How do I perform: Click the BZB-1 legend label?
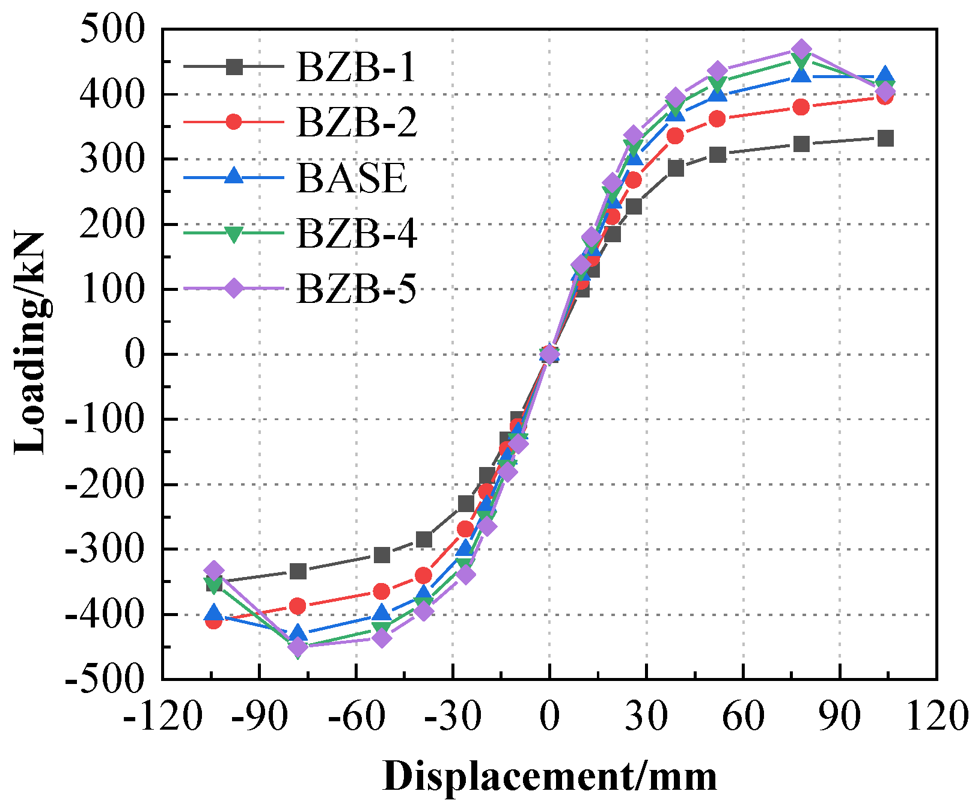pos(356,67)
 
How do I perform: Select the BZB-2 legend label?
pos(356,122)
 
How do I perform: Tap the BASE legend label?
pos(351,178)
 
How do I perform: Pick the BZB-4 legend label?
pos(356,233)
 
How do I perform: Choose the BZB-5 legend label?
pos(356,289)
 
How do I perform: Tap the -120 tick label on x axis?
pos(161,716)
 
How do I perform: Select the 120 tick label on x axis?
pos(937,716)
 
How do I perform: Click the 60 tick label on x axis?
pos(743,716)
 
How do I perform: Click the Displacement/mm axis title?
pos(549,776)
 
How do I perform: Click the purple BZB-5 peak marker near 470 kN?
pos(801,49)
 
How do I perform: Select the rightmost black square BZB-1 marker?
pos(885,138)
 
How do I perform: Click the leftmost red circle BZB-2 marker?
pos(213,621)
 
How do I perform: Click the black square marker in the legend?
pos(234,67)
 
